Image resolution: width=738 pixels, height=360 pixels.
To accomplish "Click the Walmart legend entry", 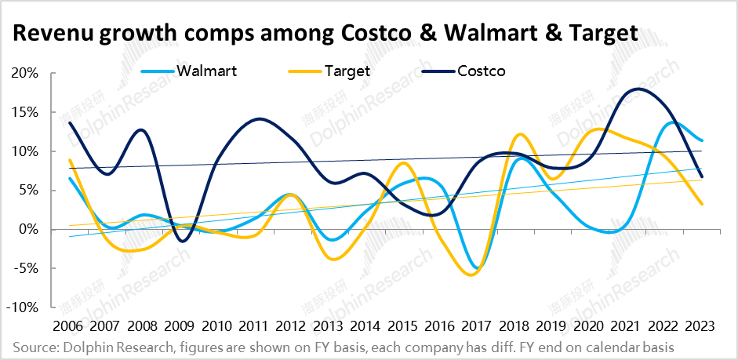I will click(207, 71).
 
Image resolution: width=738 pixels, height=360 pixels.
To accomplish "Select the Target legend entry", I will click(349, 71).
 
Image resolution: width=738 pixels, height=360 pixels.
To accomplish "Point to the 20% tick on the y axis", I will click(24, 73).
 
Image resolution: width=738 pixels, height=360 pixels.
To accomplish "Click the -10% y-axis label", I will click(21, 307).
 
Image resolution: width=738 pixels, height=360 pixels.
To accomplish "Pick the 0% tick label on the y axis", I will click(28, 229).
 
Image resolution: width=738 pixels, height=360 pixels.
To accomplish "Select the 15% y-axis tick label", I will click(24, 112).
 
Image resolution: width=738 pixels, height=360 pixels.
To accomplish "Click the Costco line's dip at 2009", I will click(183, 241).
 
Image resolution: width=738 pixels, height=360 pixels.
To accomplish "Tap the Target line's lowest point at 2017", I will click(471, 275).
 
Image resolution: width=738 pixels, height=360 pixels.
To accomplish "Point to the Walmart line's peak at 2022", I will click(672, 122).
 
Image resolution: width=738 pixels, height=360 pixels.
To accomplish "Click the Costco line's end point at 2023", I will click(700, 176).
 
